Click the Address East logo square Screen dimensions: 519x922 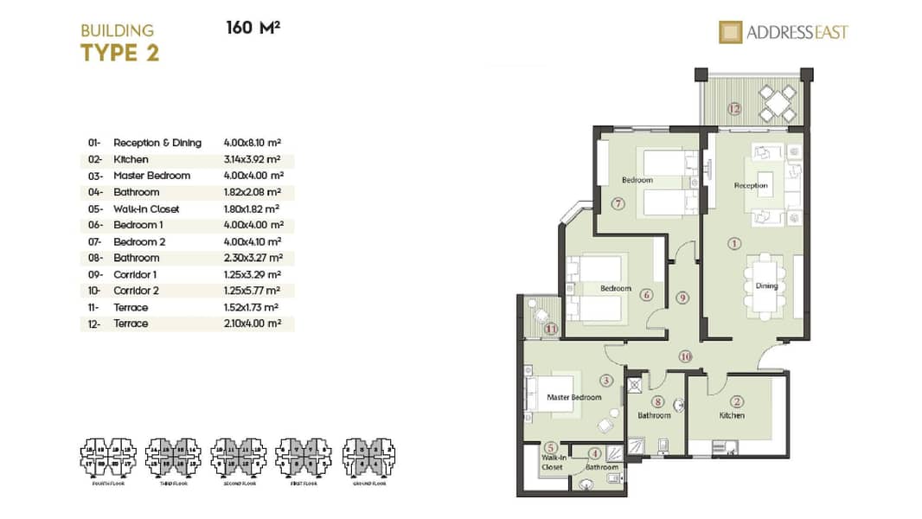732,32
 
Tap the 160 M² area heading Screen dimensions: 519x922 253,28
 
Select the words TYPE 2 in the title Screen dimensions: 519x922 119,53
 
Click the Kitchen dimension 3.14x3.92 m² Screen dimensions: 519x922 253,159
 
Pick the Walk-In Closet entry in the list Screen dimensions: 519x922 146,208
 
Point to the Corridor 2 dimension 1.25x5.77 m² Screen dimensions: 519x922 253,291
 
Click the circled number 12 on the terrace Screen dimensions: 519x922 734,109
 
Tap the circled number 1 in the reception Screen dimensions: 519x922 734,244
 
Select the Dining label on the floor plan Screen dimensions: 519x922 766,286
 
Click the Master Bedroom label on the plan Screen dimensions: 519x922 573,397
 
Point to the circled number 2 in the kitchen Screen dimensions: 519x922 737,401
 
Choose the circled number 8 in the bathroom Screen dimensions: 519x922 658,401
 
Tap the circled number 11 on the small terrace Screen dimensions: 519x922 550,328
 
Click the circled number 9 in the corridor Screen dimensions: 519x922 682,298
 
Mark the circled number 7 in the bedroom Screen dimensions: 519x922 617,204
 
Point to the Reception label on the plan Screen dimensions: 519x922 751,186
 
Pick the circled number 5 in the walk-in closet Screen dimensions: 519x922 550,447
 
